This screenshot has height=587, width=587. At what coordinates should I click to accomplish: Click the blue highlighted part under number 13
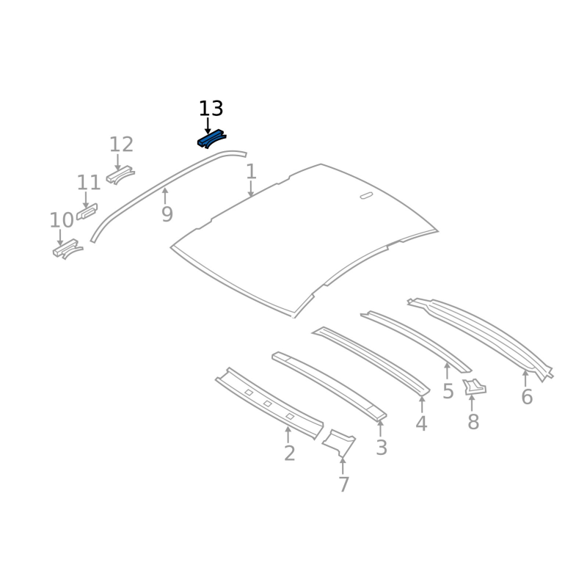tap(211, 139)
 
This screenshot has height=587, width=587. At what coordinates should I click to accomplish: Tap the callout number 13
tap(211, 109)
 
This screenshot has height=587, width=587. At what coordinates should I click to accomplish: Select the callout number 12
tap(121, 145)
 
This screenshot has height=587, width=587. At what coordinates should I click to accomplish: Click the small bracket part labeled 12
tap(120, 175)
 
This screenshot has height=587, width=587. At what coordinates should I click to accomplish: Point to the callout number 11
tap(89, 183)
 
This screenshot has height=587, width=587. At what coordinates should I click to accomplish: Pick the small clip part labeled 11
tap(87, 211)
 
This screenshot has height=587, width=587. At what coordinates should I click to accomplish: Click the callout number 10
tap(62, 220)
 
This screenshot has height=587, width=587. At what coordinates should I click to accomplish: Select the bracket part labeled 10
tap(68, 249)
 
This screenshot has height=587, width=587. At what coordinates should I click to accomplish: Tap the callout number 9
tap(167, 214)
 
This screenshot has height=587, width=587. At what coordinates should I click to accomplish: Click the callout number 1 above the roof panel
tap(251, 172)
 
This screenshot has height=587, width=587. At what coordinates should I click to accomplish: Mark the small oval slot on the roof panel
tap(366, 195)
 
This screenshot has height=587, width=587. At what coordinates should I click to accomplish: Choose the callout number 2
tap(289, 453)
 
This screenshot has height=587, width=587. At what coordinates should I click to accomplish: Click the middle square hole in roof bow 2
tap(268, 404)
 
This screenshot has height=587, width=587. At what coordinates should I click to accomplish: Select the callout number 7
tap(343, 484)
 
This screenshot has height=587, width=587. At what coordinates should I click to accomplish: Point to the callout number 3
tap(381, 448)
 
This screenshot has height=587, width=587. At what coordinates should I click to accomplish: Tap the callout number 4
tap(421, 424)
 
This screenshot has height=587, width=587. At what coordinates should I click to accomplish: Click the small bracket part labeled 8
tap(474, 387)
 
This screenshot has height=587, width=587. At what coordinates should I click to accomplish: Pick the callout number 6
tap(527, 397)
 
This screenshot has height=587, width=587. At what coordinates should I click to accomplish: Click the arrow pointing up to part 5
tap(447, 371)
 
